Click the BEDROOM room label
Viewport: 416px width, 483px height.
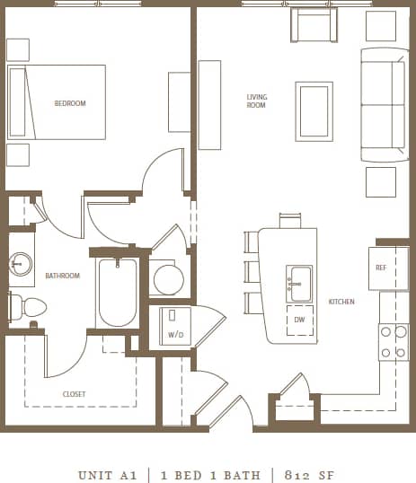pos(70,104)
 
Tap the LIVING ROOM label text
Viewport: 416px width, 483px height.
pos(257,101)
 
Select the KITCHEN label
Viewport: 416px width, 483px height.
pos(341,302)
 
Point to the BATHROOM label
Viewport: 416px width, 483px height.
pos(63,276)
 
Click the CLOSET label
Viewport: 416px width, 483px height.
pos(75,394)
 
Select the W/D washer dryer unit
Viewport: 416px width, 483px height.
pos(174,324)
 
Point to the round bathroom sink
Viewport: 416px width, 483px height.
pos(20,264)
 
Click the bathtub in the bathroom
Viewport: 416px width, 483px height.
pos(117,293)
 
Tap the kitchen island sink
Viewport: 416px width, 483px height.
pos(299,284)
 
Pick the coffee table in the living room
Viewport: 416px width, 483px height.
pos(314,111)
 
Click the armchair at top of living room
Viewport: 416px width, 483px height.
pos(313,24)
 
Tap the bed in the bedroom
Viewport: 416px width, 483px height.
pos(57,102)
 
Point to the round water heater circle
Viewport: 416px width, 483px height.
pos(168,279)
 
